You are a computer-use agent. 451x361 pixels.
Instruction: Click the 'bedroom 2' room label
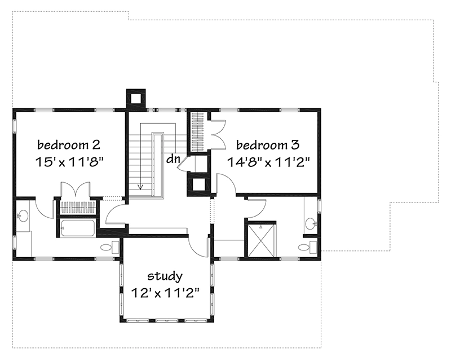tap(69, 143)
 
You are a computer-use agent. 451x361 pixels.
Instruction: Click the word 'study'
tap(165, 276)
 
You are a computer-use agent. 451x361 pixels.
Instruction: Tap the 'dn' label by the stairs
tap(173, 159)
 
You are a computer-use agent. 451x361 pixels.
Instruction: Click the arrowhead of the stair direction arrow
tap(140, 188)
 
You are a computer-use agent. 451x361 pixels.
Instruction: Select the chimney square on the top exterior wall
tap(135, 98)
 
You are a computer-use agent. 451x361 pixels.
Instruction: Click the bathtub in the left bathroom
tap(78, 228)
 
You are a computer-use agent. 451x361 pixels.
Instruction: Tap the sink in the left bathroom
tap(23, 215)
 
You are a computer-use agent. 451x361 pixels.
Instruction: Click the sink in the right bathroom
tap(311, 224)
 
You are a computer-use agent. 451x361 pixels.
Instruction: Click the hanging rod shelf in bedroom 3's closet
tap(197, 133)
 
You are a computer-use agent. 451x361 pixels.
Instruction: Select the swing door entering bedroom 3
tap(225, 185)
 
